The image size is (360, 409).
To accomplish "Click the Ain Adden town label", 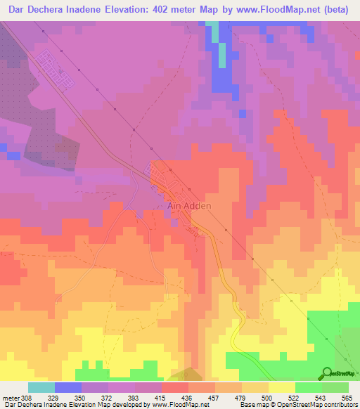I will point(188,207).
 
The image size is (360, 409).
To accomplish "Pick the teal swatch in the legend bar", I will point(41,387).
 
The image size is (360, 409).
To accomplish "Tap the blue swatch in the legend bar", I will point(68,387).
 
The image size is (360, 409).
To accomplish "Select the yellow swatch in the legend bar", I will point(282,387).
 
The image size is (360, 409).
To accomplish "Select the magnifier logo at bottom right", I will point(327,372).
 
